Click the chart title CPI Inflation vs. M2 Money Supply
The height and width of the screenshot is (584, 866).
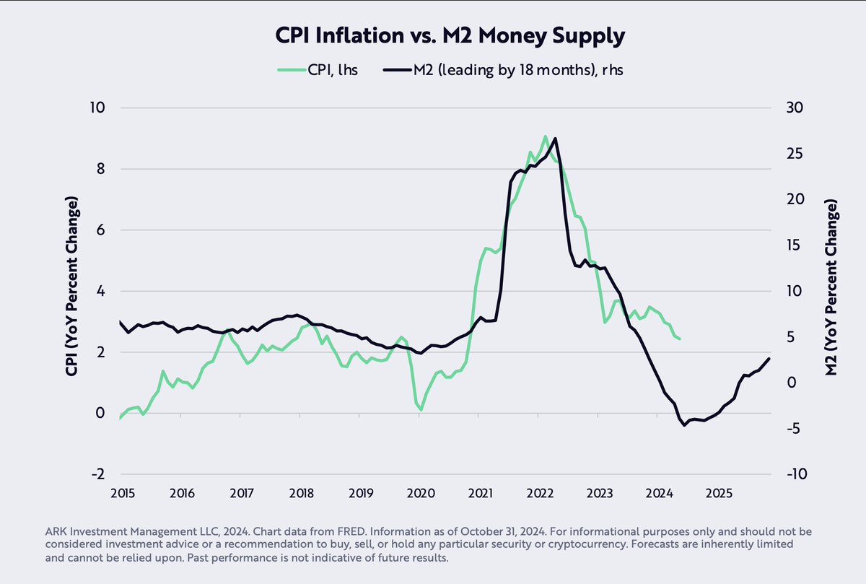tap(433, 36)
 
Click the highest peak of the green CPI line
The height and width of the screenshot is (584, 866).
tap(546, 136)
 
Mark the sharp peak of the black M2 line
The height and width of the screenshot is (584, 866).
tap(555, 139)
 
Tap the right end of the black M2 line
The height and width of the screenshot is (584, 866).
tap(769, 359)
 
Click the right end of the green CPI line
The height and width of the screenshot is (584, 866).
tap(679, 339)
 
